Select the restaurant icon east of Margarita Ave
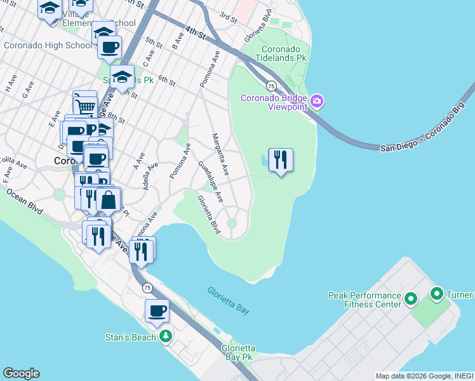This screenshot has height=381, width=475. tap(281, 159)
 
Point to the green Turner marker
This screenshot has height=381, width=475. tap(437, 295)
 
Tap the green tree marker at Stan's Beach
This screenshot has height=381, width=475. tap(166, 336)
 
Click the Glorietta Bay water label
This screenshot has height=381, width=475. tap(229, 299)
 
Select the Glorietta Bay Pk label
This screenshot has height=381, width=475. tap(238, 353)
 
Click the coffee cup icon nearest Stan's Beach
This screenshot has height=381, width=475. tap(157, 311)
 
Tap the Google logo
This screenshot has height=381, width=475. tap(21, 373)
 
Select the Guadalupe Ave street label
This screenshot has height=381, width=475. tap(210, 182)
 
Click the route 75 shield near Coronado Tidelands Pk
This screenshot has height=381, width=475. tap(271, 86)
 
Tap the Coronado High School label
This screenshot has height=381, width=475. tap(48, 45)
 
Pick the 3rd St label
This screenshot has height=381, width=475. tap(228, 17)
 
